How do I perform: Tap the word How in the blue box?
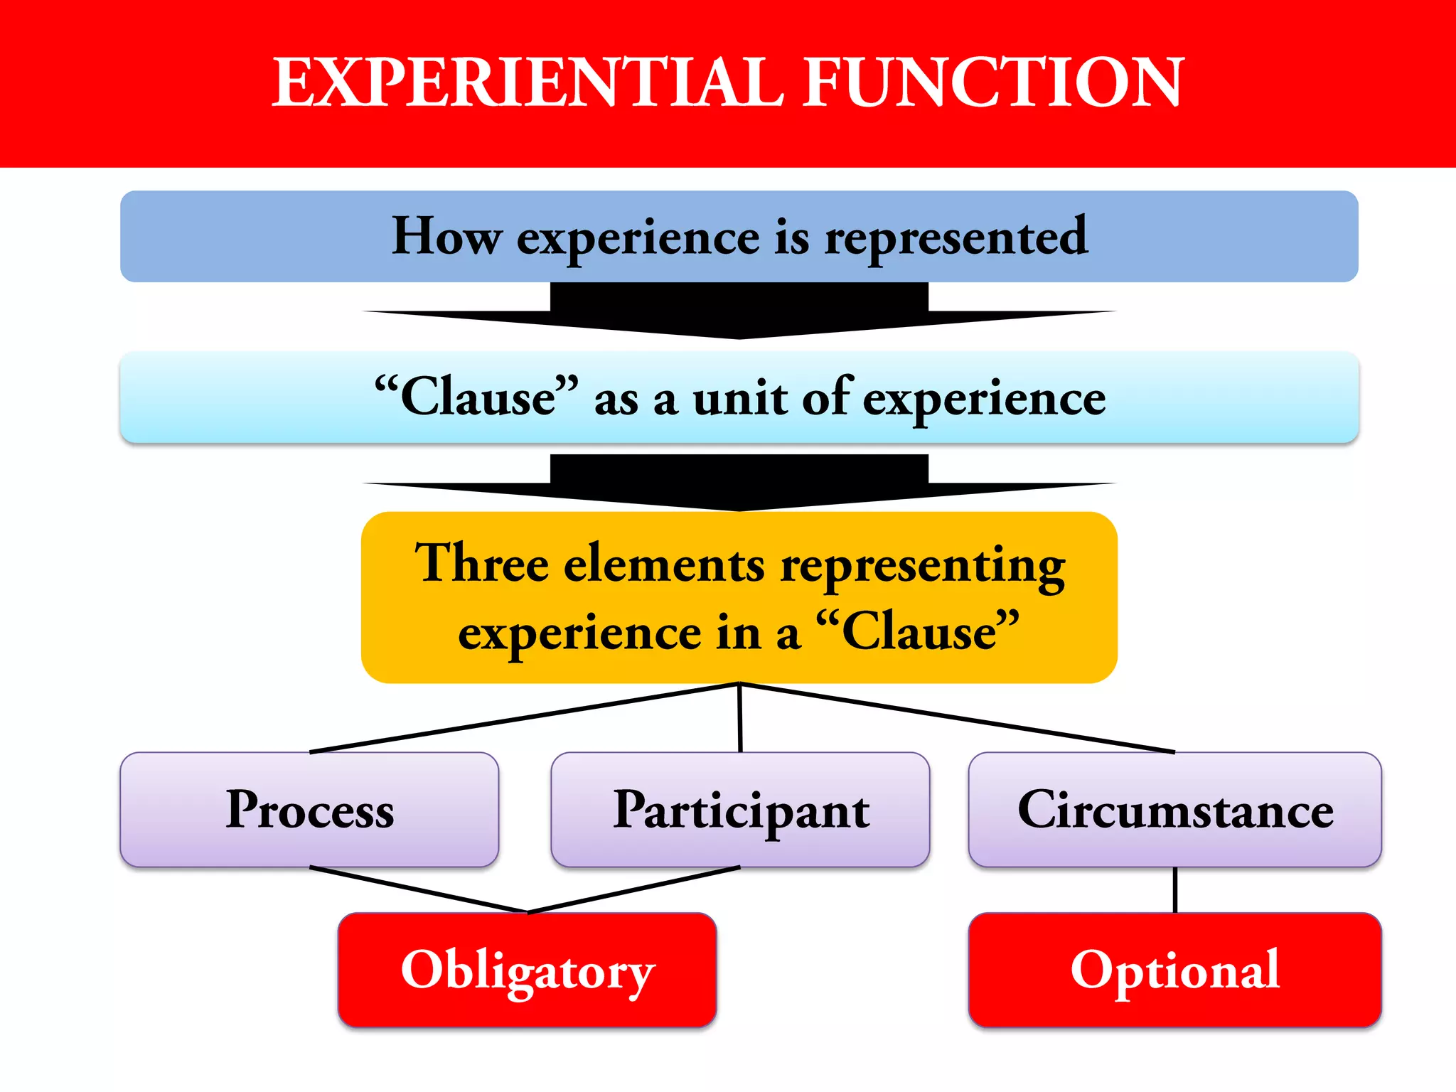click(446, 236)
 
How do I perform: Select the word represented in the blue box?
click(955, 237)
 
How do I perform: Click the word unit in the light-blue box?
click(739, 398)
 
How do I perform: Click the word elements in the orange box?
click(664, 564)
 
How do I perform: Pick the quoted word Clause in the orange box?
click(920, 631)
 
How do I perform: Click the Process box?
click(309, 810)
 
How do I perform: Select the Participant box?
click(740, 810)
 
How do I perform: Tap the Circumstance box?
click(1174, 810)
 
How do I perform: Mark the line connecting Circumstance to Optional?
click(1175, 890)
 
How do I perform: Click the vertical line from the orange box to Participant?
click(740, 718)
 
